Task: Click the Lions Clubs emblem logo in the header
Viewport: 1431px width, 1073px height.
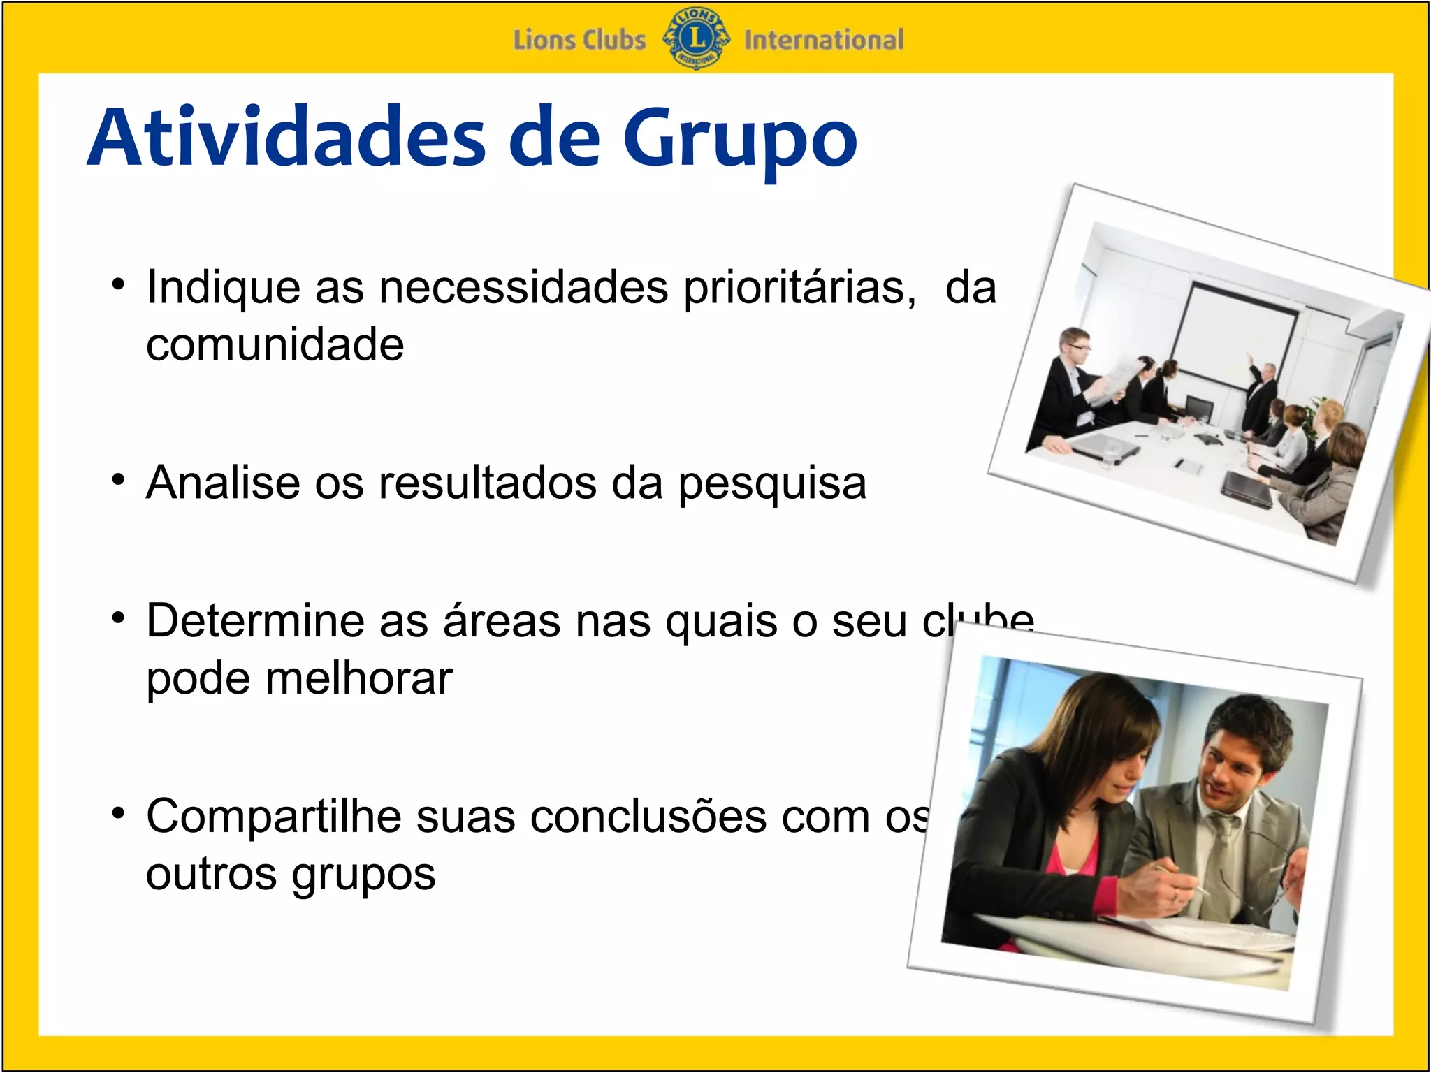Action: [x=696, y=39]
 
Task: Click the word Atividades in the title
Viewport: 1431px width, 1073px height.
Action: [x=286, y=138]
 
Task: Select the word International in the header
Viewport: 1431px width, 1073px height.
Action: [x=823, y=40]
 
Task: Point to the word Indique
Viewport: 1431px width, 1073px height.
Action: [x=223, y=289]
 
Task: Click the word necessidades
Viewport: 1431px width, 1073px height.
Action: [x=523, y=287]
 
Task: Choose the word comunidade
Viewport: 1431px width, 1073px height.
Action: [x=275, y=344]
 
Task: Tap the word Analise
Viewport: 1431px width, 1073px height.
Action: [x=223, y=482]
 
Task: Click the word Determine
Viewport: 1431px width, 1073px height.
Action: [x=254, y=620]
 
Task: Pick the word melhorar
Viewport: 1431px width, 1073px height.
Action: [x=359, y=678]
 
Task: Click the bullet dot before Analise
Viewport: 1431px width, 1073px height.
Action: [x=119, y=481]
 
